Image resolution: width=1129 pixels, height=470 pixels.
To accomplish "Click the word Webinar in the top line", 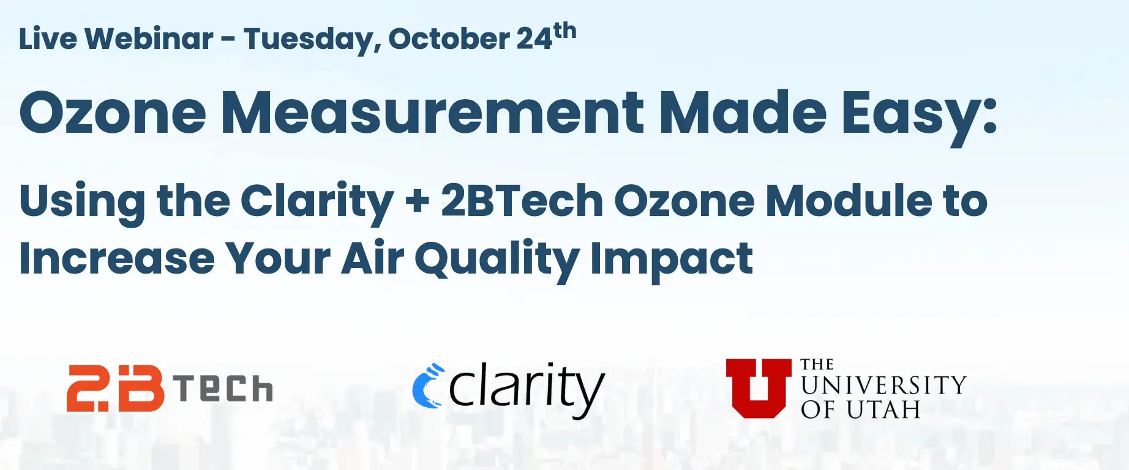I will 149,39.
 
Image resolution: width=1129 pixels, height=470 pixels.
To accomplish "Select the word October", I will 449,39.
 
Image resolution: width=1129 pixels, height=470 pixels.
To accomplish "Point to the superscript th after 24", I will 564,31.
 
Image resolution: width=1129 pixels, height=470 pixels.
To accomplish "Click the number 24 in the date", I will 534,39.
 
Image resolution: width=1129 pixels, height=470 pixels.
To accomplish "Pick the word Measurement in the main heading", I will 432,113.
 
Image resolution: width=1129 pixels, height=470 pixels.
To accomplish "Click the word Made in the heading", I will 743,113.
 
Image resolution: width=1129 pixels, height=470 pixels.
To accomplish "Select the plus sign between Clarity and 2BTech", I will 418,201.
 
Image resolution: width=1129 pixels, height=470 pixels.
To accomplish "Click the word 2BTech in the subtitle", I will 522,201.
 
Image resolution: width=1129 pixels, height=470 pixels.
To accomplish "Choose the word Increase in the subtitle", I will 117,258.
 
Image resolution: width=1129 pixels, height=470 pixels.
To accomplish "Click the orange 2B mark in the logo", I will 115,388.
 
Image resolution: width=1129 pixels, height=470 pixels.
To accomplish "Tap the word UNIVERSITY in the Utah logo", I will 883,386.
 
